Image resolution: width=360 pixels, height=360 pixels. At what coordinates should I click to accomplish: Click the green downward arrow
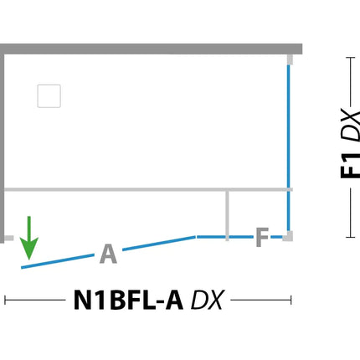pyautogui.click(x=29, y=237)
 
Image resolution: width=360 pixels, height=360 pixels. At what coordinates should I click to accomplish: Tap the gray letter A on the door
pyautogui.click(x=108, y=254)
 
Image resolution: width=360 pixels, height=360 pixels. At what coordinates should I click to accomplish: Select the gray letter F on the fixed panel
pyautogui.click(x=262, y=237)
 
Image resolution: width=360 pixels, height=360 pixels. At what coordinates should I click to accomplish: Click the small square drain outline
pyautogui.click(x=49, y=96)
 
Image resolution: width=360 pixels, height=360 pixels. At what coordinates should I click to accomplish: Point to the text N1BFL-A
pyautogui.click(x=128, y=300)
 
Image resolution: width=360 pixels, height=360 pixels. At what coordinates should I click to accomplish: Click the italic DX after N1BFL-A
pyautogui.click(x=207, y=300)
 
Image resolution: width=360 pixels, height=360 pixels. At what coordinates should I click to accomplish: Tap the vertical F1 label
pyautogui.click(x=350, y=166)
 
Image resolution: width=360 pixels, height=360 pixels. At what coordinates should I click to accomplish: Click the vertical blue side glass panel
pyautogui.click(x=289, y=148)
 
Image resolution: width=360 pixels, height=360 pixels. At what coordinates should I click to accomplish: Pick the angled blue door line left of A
pyautogui.click(x=58, y=261)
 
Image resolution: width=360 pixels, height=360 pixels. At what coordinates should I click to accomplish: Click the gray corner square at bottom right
pyautogui.click(x=288, y=236)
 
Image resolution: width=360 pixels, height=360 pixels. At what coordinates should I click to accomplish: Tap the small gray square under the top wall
pyautogui.click(x=290, y=59)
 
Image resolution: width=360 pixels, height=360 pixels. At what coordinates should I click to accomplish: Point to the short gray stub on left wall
pyautogui.click(x=8, y=238)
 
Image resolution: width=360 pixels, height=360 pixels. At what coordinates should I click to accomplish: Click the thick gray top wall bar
pyautogui.click(x=151, y=49)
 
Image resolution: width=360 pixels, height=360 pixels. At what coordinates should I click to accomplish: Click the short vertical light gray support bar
pyautogui.click(x=227, y=215)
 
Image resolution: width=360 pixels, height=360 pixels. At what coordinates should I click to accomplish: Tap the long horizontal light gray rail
pyautogui.click(x=148, y=189)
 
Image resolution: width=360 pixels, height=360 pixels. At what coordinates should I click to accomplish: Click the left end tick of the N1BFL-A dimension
pyautogui.click(x=5, y=301)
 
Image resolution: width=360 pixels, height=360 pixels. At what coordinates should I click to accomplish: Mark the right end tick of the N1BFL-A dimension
pyautogui.click(x=291, y=301)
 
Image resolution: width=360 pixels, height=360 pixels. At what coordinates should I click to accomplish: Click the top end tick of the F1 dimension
pyautogui.click(x=351, y=58)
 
